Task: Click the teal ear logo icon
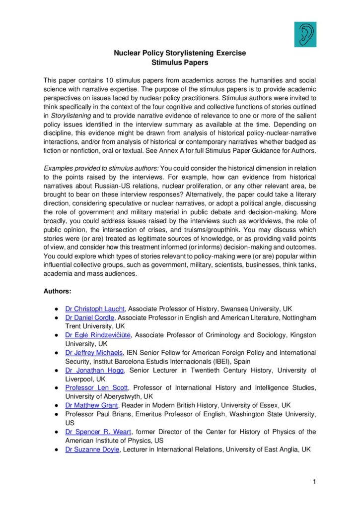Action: click(x=305, y=34)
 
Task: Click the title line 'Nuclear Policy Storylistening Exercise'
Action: click(x=180, y=53)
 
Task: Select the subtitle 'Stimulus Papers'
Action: click(x=180, y=63)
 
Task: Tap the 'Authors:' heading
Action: click(x=57, y=291)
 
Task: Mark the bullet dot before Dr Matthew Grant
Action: click(x=58, y=405)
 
